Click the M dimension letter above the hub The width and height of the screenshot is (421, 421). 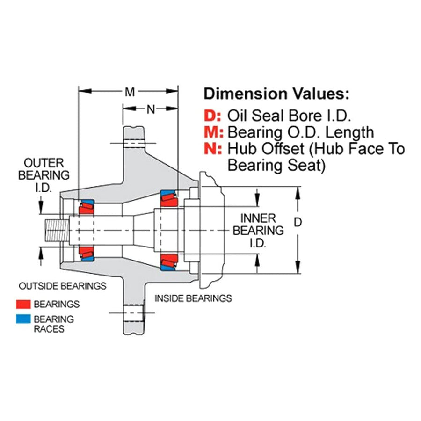pyautogui.click(x=130, y=92)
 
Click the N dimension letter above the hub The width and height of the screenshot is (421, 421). pyautogui.click(x=151, y=109)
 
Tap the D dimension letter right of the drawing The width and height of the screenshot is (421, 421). pyautogui.click(x=298, y=222)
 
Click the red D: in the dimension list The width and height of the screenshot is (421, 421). pyautogui.click(x=212, y=116)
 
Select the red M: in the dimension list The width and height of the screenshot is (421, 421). pyautogui.click(x=214, y=132)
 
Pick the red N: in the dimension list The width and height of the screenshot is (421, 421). pyautogui.click(x=213, y=148)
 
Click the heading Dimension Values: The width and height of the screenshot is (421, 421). pyautogui.click(x=276, y=94)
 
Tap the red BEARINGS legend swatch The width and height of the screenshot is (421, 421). pyautogui.click(x=23, y=304)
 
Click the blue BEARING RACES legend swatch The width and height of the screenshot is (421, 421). pyautogui.click(x=23, y=319)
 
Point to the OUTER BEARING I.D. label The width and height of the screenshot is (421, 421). pyautogui.click(x=44, y=175)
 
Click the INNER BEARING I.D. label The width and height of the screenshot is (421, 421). pyautogui.click(x=258, y=231)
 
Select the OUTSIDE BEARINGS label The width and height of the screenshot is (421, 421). pyautogui.click(x=63, y=286)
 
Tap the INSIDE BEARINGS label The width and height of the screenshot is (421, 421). pyautogui.click(x=193, y=298)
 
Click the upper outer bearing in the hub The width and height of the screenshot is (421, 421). pyautogui.click(x=87, y=207)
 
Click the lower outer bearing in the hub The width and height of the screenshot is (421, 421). pyautogui.click(x=87, y=254)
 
